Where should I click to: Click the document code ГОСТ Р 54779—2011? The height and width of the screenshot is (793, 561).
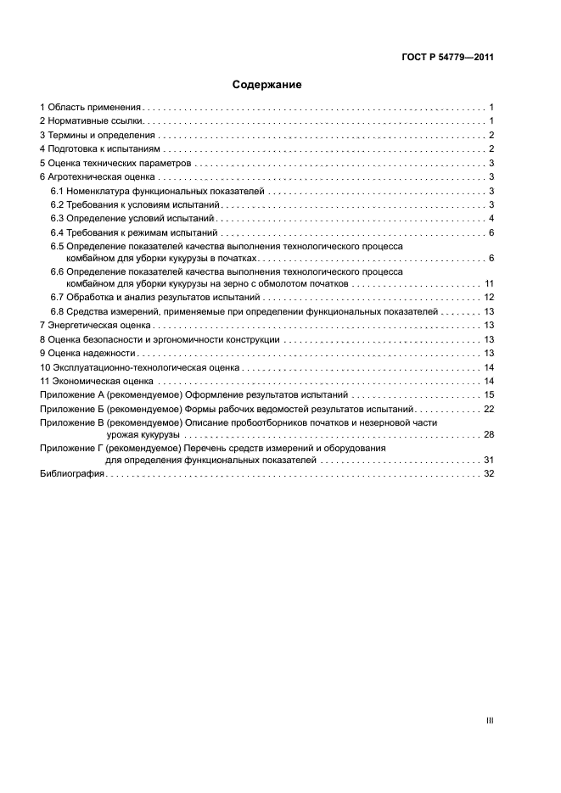click(447, 58)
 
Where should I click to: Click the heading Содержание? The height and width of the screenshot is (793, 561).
click(266, 85)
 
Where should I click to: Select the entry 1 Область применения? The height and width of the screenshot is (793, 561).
click(90, 108)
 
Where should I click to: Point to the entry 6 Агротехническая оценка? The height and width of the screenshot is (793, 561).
click(97, 176)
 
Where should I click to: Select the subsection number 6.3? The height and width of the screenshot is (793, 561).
click(58, 218)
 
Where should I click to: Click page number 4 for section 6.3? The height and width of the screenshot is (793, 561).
click(491, 218)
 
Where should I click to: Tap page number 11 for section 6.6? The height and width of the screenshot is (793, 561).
click(489, 282)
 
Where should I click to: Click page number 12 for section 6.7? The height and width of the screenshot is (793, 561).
click(489, 297)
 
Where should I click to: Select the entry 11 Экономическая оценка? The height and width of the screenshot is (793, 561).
click(94, 381)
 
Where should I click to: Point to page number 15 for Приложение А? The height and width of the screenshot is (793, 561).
click(489, 394)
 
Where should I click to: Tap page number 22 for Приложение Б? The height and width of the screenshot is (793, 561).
click(489, 408)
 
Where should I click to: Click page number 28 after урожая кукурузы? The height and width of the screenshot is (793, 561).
click(489, 433)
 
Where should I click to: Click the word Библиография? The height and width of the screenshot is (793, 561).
click(71, 473)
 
